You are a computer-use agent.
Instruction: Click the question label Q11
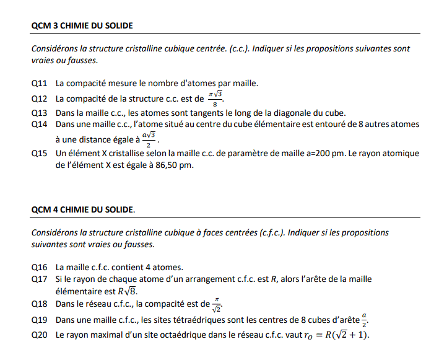point(40,83)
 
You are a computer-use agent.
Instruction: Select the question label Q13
point(40,113)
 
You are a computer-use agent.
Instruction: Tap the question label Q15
point(40,153)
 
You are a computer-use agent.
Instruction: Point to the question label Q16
point(40,267)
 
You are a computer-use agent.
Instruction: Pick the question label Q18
point(40,304)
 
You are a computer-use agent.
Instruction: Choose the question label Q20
point(40,335)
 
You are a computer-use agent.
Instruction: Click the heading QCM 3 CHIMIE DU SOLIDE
point(82,26)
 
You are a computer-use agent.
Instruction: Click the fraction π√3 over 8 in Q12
point(215,99)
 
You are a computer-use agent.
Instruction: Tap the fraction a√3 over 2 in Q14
point(148,138)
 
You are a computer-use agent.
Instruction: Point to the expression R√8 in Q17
point(127,291)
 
